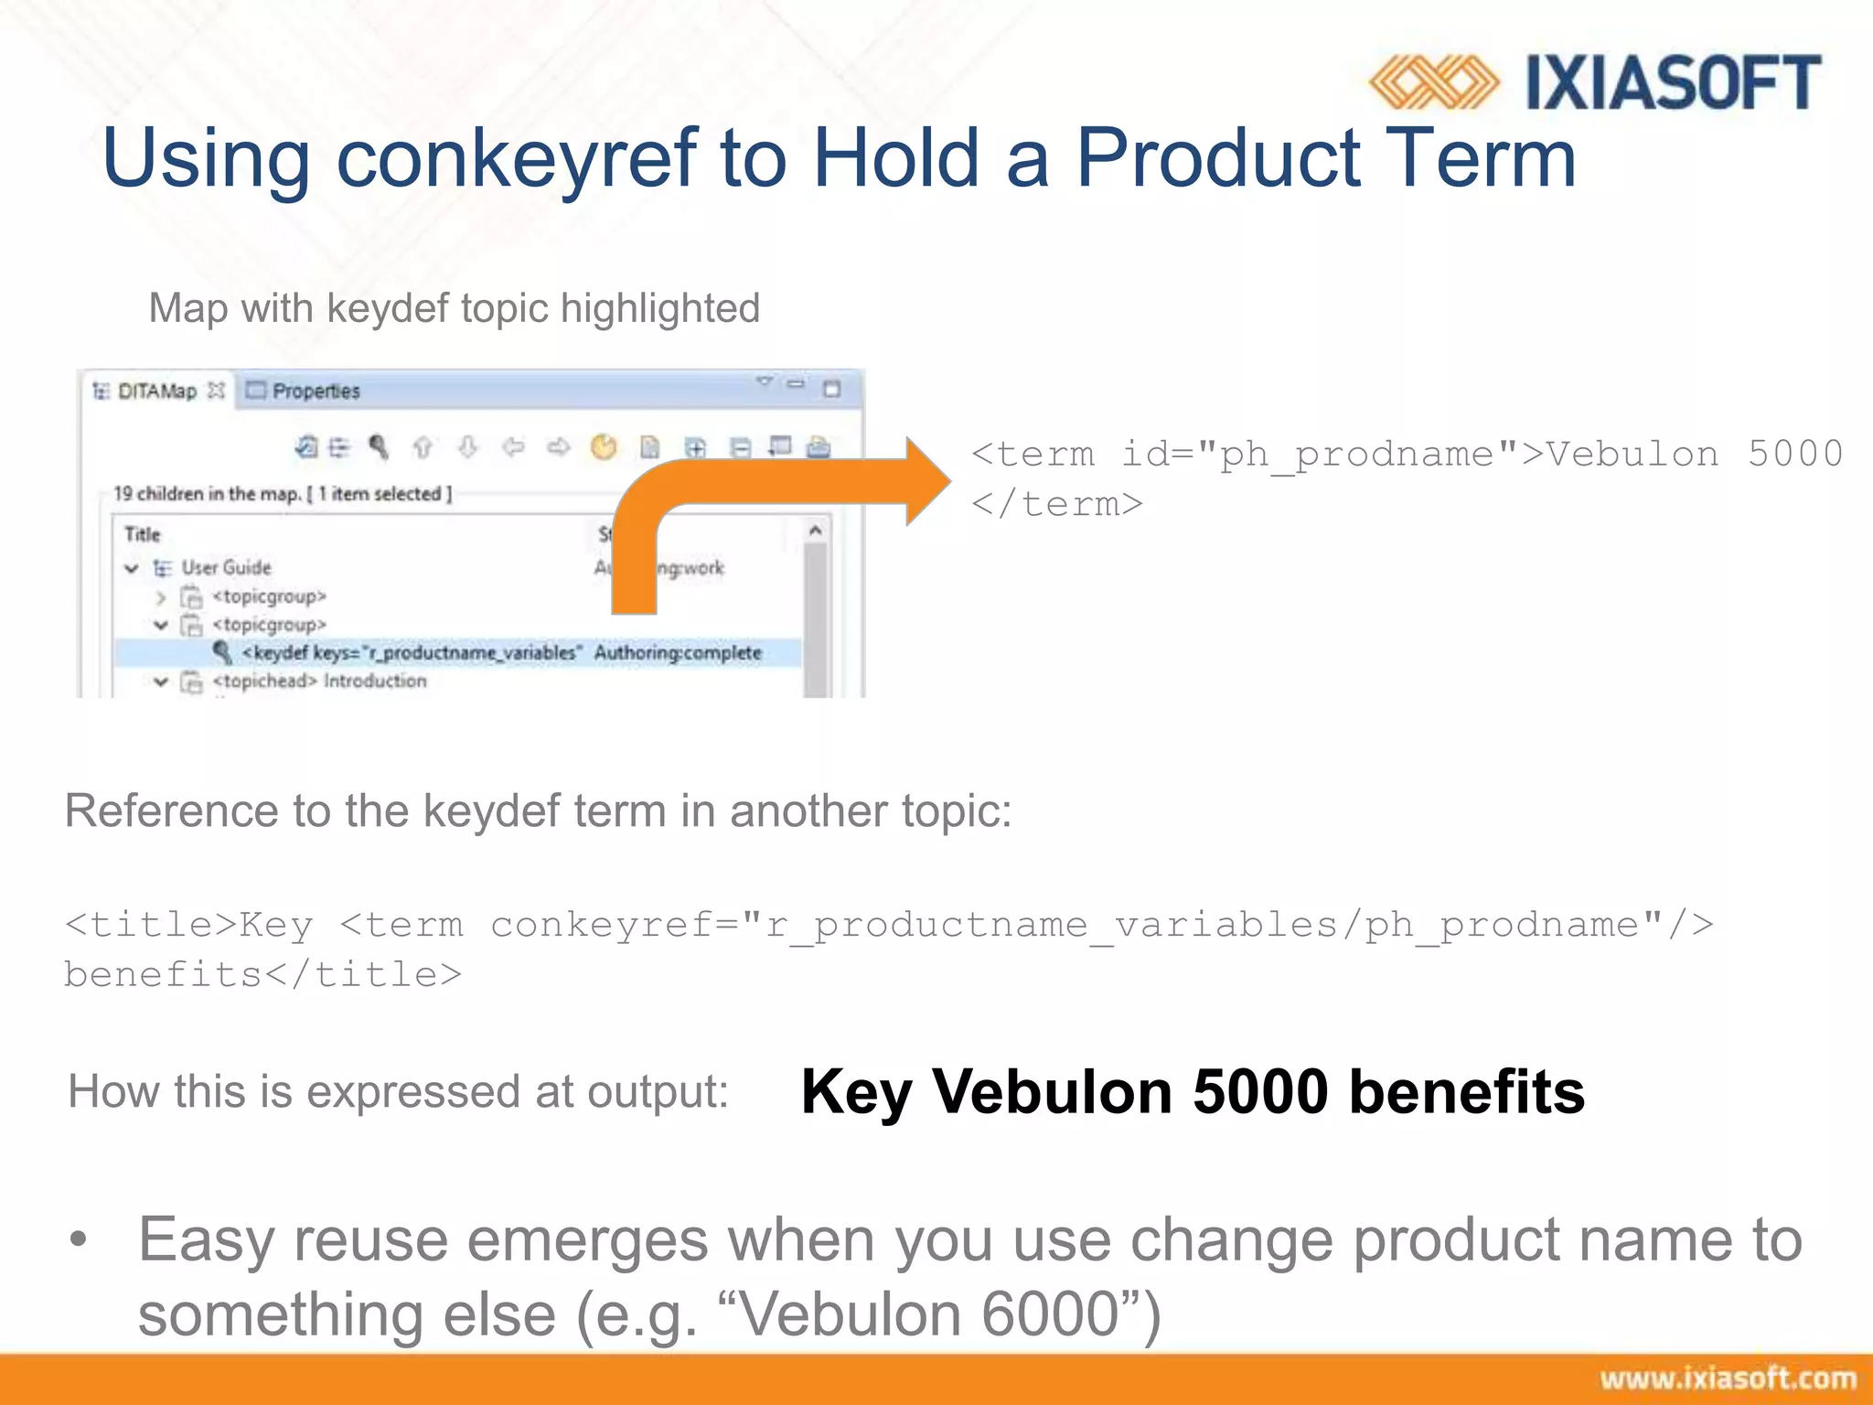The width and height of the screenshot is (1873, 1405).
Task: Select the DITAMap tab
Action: [156, 391]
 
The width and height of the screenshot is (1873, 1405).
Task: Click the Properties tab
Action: [316, 391]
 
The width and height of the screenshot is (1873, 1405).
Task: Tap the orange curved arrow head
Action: [927, 481]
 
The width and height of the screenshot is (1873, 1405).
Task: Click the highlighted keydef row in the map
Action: [457, 653]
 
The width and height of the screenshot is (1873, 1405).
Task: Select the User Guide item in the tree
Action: [226, 568]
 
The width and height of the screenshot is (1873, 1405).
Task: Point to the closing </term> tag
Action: [1056, 504]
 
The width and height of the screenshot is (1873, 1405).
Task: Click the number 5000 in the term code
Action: [1794, 455]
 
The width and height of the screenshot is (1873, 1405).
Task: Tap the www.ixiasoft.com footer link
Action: [1727, 1378]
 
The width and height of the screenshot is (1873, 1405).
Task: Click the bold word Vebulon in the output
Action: [1052, 1092]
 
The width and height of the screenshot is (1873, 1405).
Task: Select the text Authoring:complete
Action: [678, 653]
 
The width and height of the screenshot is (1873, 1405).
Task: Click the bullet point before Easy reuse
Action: [79, 1240]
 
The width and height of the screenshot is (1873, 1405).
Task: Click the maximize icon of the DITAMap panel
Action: [831, 390]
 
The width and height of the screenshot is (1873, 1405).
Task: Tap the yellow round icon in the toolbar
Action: [604, 447]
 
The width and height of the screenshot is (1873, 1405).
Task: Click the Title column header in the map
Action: [143, 534]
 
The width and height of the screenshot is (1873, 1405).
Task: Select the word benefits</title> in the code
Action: [262, 975]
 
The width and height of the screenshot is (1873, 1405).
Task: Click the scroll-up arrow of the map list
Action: [815, 531]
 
